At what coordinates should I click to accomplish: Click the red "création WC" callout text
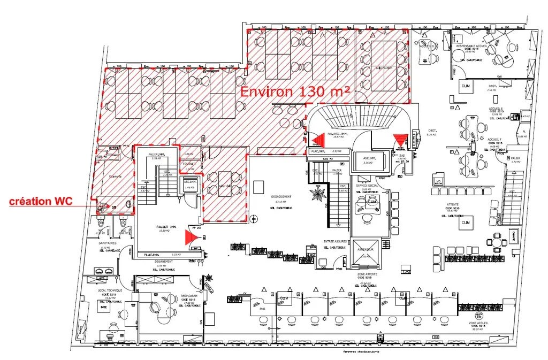tap(41, 202)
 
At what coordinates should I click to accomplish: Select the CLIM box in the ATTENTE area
tap(466, 222)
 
